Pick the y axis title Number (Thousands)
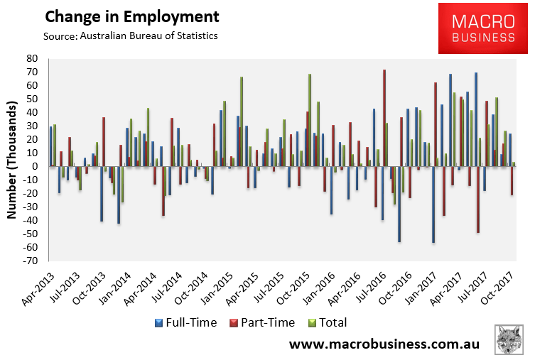tap(12, 160)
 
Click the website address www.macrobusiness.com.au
tap(384, 344)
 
